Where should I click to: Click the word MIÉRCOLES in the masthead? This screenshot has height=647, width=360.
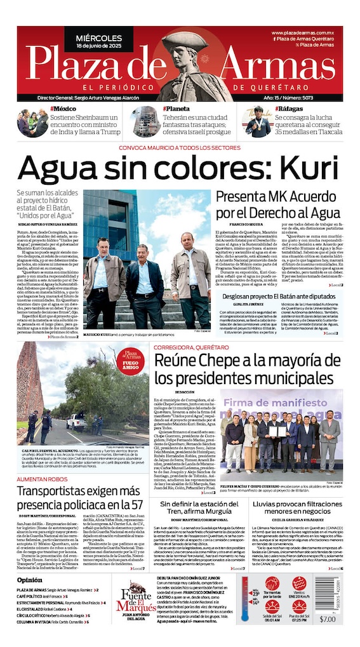[98, 38]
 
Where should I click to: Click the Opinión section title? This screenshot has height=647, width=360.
[30, 580]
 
